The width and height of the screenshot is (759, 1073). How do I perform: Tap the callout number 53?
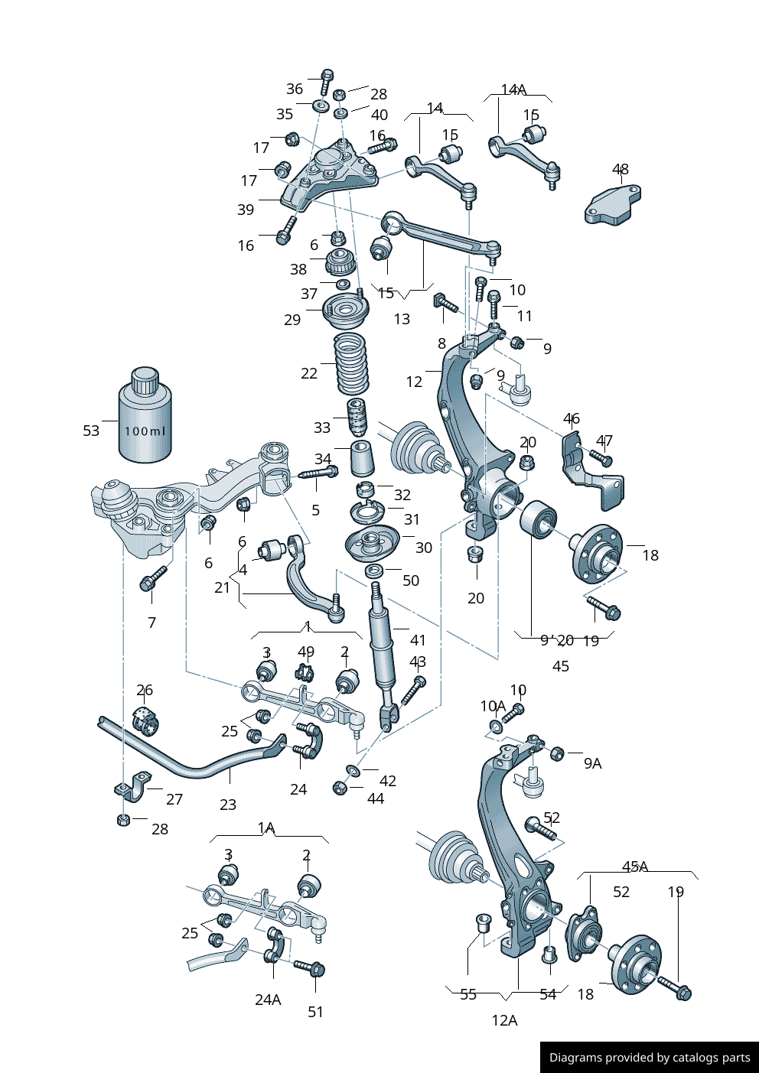pyautogui.click(x=91, y=431)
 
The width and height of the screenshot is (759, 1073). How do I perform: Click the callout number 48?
pyautogui.click(x=621, y=169)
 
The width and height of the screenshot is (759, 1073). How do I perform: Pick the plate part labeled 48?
pyautogui.click(x=612, y=205)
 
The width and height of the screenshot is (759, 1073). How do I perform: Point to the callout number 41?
pyautogui.click(x=418, y=640)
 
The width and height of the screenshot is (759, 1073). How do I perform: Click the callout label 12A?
pyautogui.click(x=504, y=1020)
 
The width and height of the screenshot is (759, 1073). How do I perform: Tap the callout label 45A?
pyautogui.click(x=635, y=867)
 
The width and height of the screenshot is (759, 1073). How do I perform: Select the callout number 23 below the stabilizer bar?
pyautogui.click(x=228, y=805)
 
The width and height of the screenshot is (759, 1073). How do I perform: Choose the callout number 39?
pyautogui.click(x=246, y=210)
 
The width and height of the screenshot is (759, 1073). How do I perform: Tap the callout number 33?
pyautogui.click(x=322, y=428)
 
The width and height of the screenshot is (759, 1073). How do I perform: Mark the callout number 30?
pyautogui.click(x=424, y=548)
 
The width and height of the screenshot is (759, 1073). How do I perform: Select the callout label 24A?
pyautogui.click(x=268, y=1000)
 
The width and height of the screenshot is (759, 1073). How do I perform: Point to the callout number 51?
pyautogui.click(x=316, y=1012)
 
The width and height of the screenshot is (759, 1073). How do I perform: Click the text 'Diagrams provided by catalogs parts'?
pyautogui.click(x=650, y=1058)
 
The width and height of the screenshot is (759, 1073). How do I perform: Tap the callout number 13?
pyautogui.click(x=402, y=319)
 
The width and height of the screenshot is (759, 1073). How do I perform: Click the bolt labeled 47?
pyautogui.click(x=602, y=459)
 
